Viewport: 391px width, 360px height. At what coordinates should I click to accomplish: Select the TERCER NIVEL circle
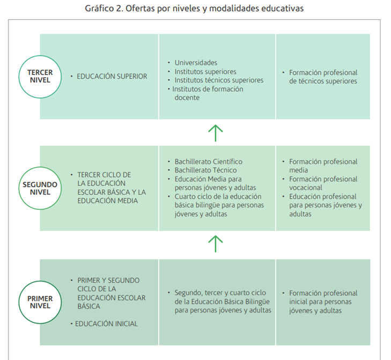40,76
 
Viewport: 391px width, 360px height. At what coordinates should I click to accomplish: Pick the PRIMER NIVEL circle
40,302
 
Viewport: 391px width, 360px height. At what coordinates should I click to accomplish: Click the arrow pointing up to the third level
215,132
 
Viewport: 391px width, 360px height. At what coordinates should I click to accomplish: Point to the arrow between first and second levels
215,244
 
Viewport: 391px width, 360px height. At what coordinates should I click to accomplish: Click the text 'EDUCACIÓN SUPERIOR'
112,76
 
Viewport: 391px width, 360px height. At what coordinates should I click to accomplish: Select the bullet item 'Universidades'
196,63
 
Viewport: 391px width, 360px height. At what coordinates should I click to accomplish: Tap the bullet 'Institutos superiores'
205,71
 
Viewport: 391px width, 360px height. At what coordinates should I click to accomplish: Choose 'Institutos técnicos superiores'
219,80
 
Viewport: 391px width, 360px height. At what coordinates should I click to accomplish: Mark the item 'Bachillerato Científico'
208,161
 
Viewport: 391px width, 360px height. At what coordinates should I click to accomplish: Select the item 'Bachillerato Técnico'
205,170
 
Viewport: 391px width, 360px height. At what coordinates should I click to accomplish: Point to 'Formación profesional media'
323,166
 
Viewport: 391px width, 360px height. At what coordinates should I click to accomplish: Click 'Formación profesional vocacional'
323,183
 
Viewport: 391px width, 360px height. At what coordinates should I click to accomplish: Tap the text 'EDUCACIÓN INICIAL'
106,324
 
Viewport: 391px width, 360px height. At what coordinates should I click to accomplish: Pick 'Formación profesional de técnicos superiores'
323,77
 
